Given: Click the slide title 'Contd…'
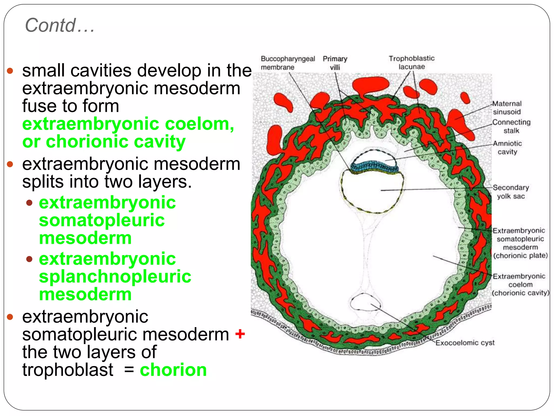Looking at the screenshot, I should [x=60, y=25].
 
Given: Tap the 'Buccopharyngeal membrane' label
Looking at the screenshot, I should [x=288, y=63].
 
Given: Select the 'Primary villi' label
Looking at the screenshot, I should [x=335, y=63].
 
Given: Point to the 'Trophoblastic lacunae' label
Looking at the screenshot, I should [x=411, y=62].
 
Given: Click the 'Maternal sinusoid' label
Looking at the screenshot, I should [x=507, y=108].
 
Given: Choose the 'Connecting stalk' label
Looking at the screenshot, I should [x=511, y=126].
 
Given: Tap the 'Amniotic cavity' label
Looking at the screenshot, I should [x=507, y=147].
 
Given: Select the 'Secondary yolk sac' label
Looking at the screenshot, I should [x=511, y=192].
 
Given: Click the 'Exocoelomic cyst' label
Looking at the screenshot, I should [x=465, y=343].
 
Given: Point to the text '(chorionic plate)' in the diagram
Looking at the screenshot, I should [x=520, y=255].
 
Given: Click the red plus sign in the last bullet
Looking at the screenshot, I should [x=240, y=334].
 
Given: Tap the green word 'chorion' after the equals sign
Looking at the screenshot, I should [x=173, y=370].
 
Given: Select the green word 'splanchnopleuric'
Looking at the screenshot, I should [x=115, y=277].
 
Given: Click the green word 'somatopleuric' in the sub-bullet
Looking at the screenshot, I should [x=102, y=220].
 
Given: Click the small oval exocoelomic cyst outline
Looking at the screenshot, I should [x=365, y=302].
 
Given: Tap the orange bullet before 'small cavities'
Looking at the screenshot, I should [x=10, y=71].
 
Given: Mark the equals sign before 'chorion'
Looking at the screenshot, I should [x=129, y=370].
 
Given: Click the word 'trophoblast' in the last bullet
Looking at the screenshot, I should [x=68, y=370].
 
